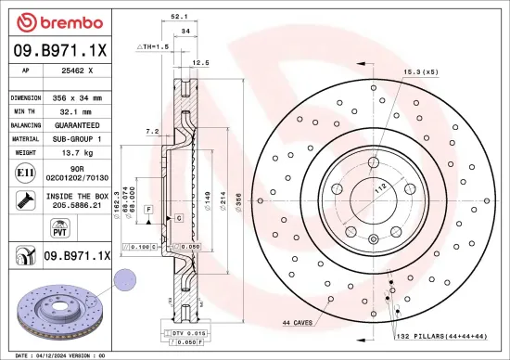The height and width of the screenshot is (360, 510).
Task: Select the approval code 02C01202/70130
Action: (x=83, y=176)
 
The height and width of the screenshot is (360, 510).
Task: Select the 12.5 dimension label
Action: (x=198, y=63)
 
